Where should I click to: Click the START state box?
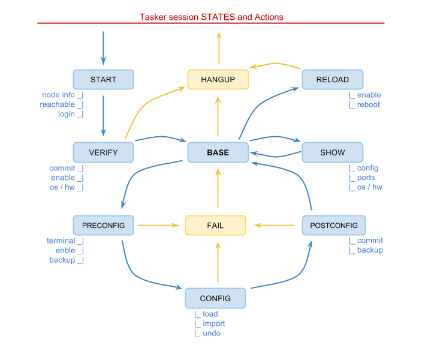(103, 80)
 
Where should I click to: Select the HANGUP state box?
(218, 80)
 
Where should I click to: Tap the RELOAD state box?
(332, 80)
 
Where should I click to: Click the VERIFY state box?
(103, 152)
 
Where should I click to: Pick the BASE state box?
(218, 152)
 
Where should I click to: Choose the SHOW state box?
(332, 152)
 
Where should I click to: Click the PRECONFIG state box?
(103, 225)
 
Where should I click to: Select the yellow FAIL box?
(215, 225)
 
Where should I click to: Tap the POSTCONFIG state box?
(334, 225)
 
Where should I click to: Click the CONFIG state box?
(215, 298)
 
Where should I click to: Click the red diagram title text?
(211, 17)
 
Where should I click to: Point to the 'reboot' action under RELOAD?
(368, 105)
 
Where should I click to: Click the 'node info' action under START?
(59, 95)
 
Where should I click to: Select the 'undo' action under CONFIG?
(211, 333)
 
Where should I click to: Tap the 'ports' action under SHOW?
(366, 178)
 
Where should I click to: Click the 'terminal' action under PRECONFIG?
(61, 241)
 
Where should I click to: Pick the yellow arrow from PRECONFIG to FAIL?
(158, 226)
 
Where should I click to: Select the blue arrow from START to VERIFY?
(103, 114)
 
